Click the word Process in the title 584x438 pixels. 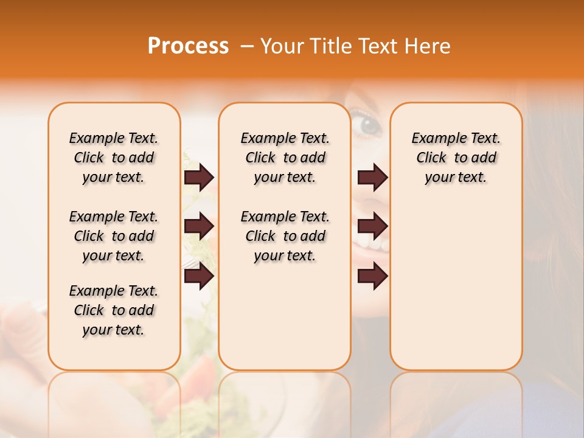(188, 46)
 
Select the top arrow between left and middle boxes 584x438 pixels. (199, 177)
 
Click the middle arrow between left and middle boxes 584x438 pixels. (199, 226)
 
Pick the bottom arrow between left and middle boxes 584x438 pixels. (199, 276)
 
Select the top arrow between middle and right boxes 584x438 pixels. (372, 177)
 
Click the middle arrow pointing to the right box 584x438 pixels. (372, 226)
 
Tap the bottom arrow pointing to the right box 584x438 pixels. (372, 276)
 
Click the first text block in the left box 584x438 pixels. (114, 158)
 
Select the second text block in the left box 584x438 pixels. (114, 236)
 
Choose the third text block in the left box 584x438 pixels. (114, 310)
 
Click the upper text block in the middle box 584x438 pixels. (285, 158)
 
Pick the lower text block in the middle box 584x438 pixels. (285, 236)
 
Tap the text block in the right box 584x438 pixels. (456, 158)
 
